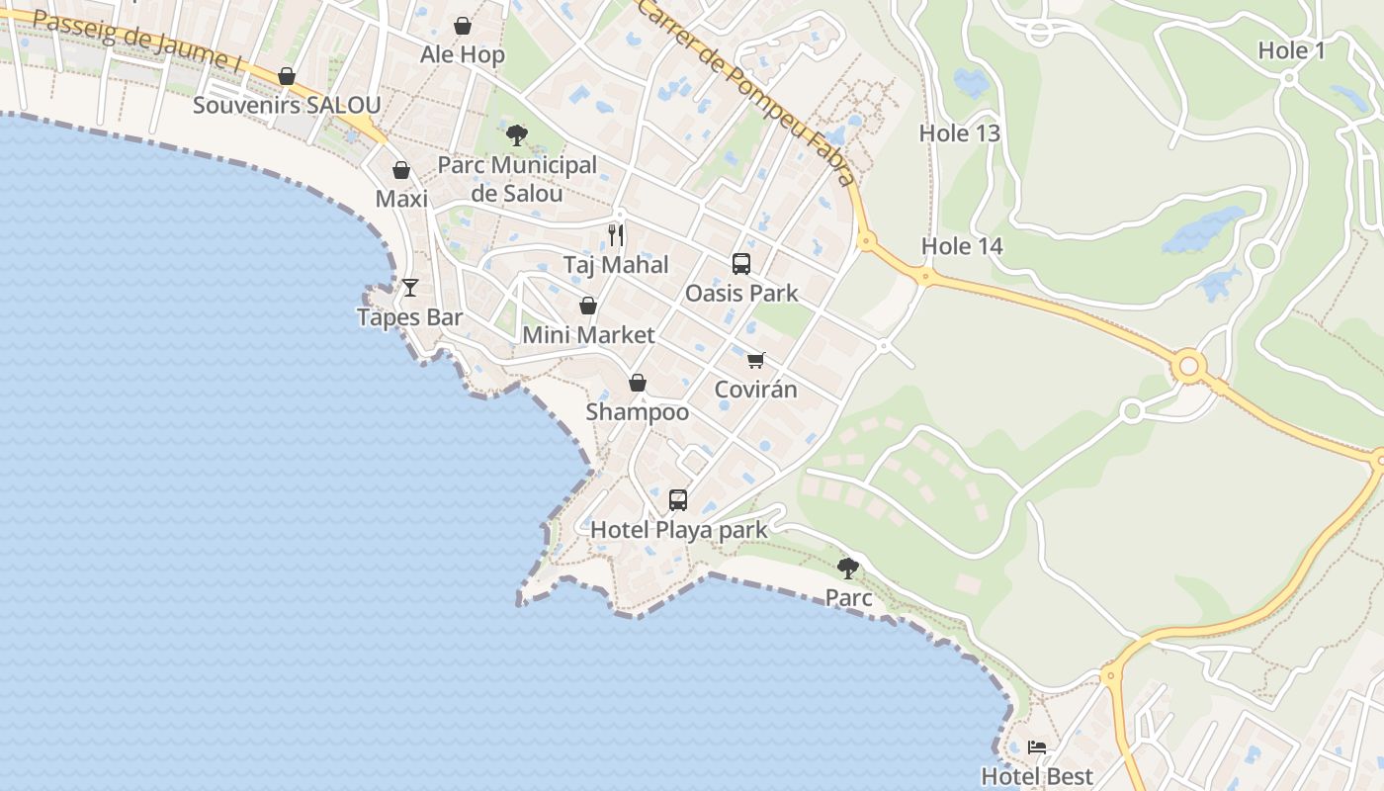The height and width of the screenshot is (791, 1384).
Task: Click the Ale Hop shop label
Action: [463, 54]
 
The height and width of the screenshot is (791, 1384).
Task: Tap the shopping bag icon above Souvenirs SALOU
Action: [287, 76]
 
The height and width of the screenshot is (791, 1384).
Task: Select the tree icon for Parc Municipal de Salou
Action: [516, 135]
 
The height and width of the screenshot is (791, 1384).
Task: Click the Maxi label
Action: [401, 199]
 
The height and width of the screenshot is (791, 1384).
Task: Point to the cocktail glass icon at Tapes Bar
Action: [410, 288]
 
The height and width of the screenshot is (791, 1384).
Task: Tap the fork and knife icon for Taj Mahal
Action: [615, 234]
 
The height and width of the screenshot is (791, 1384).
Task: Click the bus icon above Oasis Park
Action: [741, 264]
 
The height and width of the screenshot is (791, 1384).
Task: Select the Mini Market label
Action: [588, 335]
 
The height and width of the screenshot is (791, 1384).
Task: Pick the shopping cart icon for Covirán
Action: [756, 360]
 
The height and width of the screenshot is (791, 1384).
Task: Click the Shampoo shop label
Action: [638, 411]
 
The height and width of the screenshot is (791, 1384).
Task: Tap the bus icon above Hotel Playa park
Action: [678, 500]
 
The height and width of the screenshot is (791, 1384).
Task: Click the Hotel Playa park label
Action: [678, 530]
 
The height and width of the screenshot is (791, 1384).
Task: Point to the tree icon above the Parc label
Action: [847, 568]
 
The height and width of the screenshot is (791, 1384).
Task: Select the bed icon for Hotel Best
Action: [1037, 747]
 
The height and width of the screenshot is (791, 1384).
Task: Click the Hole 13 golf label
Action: [960, 133]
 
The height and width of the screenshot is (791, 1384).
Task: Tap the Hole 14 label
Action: [962, 246]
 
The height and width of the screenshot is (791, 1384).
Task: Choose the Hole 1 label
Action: [1291, 50]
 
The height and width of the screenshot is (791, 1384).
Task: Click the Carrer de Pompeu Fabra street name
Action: [746, 91]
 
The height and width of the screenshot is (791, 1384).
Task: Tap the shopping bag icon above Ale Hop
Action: [463, 26]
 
